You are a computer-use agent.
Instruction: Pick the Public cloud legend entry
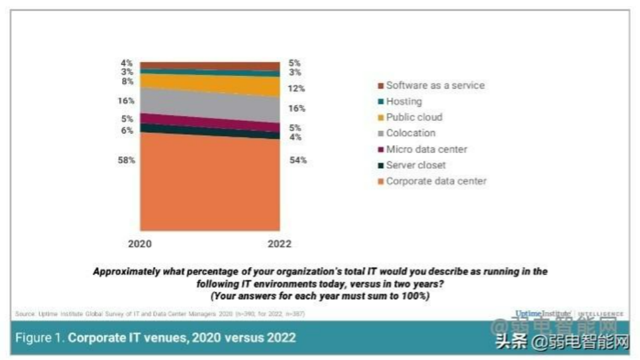[414, 117]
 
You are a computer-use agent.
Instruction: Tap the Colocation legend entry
[410, 133]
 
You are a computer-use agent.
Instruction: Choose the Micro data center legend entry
[426, 149]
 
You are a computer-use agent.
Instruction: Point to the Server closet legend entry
[415, 165]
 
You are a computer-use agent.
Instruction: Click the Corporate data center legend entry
[436, 181]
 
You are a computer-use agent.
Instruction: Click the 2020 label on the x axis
[140, 244]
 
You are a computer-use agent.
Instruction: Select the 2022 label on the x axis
[280, 244]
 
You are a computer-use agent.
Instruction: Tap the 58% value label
[125, 160]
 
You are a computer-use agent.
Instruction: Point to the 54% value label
[298, 160]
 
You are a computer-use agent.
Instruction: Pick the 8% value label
[128, 82]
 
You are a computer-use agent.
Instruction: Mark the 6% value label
[128, 130]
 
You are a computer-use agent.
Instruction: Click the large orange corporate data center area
[209, 183]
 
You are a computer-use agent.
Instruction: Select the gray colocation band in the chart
[209, 104]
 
